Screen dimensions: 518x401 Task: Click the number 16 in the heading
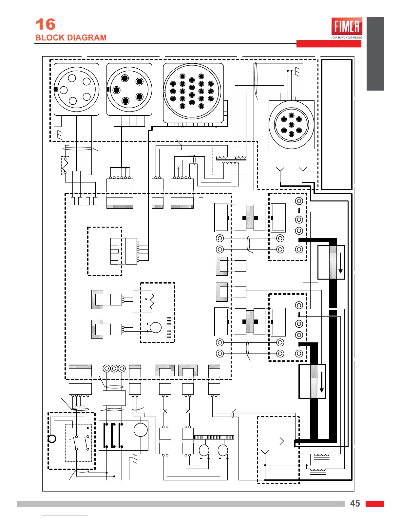tap(45, 25)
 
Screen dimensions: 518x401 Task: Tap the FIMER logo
tap(347, 26)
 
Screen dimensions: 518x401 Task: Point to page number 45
tap(355, 503)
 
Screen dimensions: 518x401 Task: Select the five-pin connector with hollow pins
tap(76, 89)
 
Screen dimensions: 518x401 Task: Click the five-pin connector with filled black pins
tap(129, 89)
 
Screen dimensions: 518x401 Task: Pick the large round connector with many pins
tap(192, 92)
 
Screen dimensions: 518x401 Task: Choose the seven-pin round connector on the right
tap(291, 125)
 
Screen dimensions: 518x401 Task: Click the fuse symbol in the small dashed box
tap(65, 166)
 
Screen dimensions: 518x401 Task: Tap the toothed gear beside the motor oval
tap(169, 327)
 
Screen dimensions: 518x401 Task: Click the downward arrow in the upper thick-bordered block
tap(340, 263)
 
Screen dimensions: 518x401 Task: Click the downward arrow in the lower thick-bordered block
tap(321, 382)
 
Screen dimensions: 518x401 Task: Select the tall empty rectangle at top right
tap(337, 124)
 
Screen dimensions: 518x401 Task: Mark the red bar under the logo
tap(329, 44)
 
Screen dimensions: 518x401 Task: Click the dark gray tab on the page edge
tap(375, 54)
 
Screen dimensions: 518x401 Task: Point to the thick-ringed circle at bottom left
tap(52, 439)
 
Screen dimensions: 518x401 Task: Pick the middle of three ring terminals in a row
tap(114, 369)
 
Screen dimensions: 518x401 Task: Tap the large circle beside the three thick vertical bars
tap(141, 430)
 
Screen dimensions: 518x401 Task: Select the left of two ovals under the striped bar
tap(204, 450)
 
